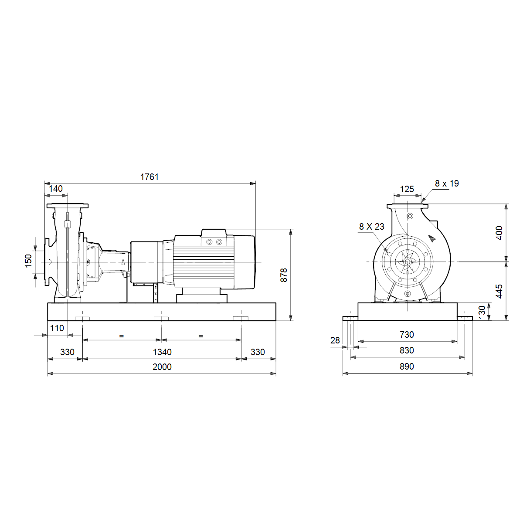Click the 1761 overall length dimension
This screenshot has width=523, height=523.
[x=149, y=177]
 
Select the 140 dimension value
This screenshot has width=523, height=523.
[x=56, y=189]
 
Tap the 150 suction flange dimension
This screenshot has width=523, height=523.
[x=28, y=261]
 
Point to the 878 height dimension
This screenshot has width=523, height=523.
[x=284, y=275]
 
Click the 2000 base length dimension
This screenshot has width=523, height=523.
[x=162, y=367]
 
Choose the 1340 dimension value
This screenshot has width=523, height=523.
[x=162, y=352]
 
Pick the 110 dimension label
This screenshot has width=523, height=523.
[x=57, y=328]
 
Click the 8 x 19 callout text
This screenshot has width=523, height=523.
[x=447, y=183]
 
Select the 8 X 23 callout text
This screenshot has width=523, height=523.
[x=372, y=226]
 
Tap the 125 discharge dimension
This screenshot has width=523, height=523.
[x=407, y=189]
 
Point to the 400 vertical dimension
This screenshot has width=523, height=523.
[x=499, y=233]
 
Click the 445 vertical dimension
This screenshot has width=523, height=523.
[x=499, y=291]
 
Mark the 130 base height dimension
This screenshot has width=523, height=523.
[x=482, y=312]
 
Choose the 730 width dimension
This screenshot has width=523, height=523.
[x=407, y=334]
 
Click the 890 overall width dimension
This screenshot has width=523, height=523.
[x=407, y=367]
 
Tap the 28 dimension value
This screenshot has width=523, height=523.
[x=335, y=340]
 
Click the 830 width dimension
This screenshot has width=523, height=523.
[x=407, y=350]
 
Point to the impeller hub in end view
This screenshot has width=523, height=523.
[x=407, y=262]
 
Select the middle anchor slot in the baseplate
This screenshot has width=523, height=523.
[x=161, y=319]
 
